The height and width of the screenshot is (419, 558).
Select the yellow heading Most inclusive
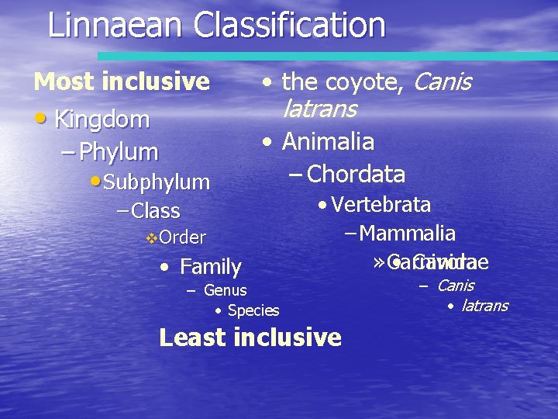pyautogui.click(x=122, y=81)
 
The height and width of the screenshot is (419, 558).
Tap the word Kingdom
pyautogui.click(x=102, y=119)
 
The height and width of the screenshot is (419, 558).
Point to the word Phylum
pyautogui.click(x=119, y=151)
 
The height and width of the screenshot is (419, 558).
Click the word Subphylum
pyautogui.click(x=156, y=182)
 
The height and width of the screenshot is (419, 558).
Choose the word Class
pyautogui.click(x=156, y=210)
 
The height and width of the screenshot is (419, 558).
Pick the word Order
pyautogui.click(x=182, y=237)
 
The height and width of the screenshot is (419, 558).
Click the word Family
pyautogui.click(x=210, y=267)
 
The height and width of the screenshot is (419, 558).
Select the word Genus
pyautogui.click(x=225, y=290)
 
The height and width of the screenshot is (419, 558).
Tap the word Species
pyautogui.click(x=253, y=310)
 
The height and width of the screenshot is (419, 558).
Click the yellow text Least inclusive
pyautogui.click(x=250, y=338)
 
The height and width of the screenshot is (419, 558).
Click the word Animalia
pyautogui.click(x=328, y=142)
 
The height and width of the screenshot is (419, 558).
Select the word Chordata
pyautogui.click(x=356, y=174)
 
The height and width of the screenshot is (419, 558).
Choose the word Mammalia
pyautogui.click(x=408, y=233)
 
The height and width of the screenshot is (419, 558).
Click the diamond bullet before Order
pyautogui.click(x=151, y=237)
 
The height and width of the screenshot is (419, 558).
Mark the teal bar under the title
pyautogui.click(x=325, y=57)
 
